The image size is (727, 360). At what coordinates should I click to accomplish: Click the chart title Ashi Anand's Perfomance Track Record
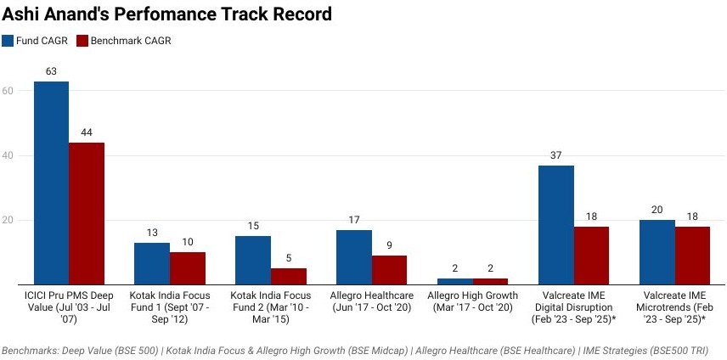pos(166,14)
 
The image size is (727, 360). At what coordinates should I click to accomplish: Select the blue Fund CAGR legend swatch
pos(8,41)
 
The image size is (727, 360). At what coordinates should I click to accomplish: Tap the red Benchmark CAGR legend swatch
pos(82,41)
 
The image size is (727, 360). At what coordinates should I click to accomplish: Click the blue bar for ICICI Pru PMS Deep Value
pos(51,183)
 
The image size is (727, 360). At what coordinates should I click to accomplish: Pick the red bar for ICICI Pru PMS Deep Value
pos(87,213)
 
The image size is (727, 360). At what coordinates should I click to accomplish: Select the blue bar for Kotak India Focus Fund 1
pos(152,263)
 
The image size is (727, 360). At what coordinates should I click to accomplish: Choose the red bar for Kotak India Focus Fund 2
pos(289,276)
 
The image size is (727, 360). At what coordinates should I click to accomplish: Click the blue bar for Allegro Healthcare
pos(354,256)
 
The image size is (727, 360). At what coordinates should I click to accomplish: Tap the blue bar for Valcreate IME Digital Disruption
pos(556,224)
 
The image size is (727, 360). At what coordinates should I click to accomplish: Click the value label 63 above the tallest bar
pos(51,72)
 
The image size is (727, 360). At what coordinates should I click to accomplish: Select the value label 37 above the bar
pos(556,156)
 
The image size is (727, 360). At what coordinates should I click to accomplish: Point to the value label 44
pos(87,133)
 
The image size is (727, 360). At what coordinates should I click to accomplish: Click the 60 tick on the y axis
pos(8,91)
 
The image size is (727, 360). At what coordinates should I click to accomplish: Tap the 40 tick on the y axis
pos(8,155)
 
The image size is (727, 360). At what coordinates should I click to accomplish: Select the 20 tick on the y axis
pos(8,220)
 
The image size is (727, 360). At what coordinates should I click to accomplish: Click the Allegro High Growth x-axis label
pos(455,301)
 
